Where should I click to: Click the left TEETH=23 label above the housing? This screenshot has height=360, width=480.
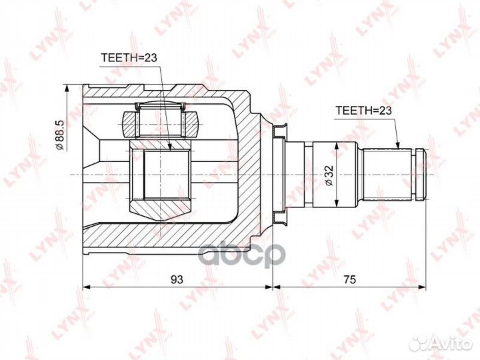coord(129,59)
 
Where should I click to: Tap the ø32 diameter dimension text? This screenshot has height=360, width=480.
coord(329,175)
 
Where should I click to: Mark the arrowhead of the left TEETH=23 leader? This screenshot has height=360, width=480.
coord(171,151)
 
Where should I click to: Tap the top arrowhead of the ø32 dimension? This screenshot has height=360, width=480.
coord(339,145)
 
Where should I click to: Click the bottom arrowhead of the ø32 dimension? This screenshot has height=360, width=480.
coord(339,203)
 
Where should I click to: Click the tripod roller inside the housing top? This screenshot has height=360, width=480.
coord(159,124)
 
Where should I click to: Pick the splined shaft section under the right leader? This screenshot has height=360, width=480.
coord(387,174)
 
